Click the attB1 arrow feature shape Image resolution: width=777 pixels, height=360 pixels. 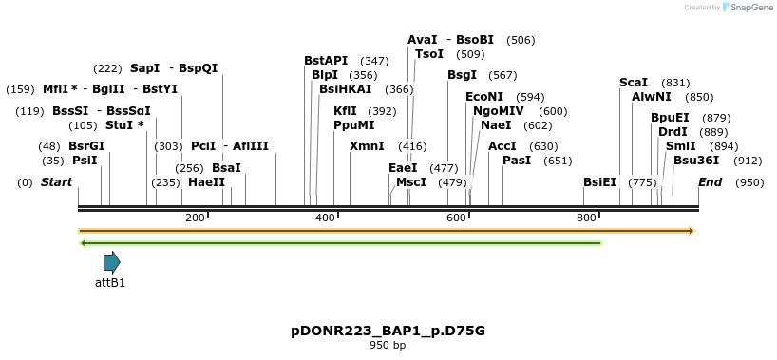click(x=111, y=262)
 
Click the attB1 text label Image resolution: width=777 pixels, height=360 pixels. click(x=110, y=282)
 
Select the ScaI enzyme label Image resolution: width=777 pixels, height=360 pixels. click(x=634, y=83)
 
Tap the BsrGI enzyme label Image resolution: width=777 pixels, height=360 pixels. click(x=86, y=146)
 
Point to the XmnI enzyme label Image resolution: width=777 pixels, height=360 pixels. click(x=367, y=146)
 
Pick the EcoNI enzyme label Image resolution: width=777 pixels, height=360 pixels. click(x=484, y=97)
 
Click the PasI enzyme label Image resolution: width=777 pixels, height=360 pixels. click(x=517, y=161)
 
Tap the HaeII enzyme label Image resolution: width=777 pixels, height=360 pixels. click(x=206, y=181)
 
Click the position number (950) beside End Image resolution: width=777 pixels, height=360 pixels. click(x=749, y=181)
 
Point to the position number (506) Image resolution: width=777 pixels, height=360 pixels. click(x=521, y=40)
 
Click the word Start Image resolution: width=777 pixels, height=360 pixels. click(x=56, y=181)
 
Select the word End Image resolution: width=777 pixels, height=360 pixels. click(x=711, y=181)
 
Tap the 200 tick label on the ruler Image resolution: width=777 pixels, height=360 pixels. click(x=196, y=218)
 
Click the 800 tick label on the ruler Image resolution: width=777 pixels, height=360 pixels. click(x=586, y=218)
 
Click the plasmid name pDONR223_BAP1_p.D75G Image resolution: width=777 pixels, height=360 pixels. click(x=388, y=331)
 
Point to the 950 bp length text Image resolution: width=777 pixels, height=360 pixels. click(x=388, y=345)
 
